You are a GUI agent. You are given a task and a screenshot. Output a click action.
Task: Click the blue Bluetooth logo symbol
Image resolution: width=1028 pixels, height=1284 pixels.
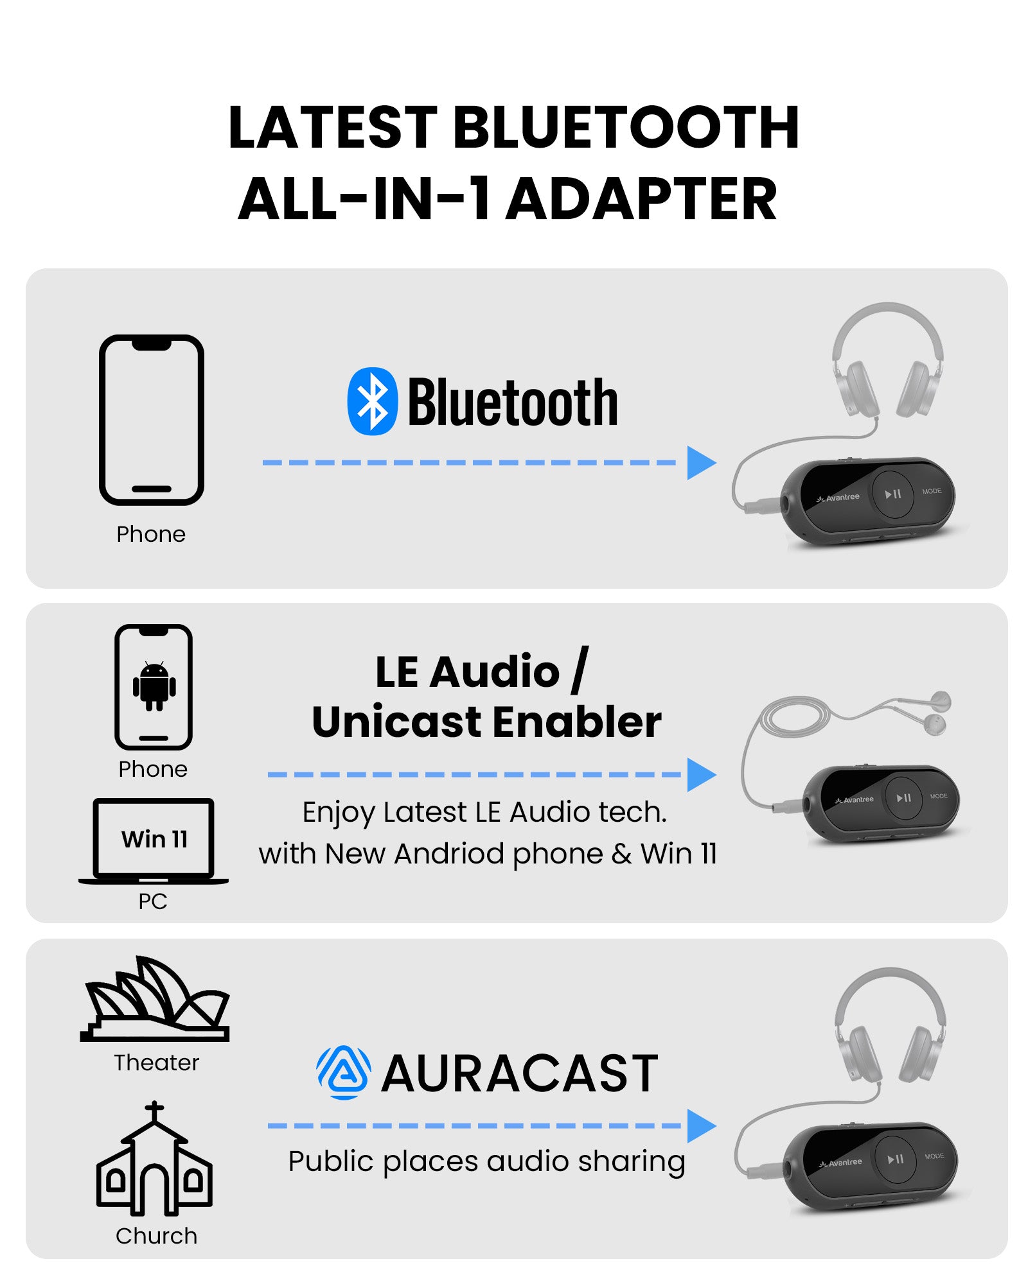tap(372, 401)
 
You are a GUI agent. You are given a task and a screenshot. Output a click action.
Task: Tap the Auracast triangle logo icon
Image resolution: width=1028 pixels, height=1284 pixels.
tap(344, 1073)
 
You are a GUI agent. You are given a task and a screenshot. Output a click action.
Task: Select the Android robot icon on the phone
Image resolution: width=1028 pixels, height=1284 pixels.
tap(154, 686)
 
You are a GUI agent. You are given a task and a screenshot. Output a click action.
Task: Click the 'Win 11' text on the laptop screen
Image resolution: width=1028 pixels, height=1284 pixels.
tap(154, 839)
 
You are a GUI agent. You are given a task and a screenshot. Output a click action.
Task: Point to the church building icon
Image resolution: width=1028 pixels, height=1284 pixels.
tap(154, 1159)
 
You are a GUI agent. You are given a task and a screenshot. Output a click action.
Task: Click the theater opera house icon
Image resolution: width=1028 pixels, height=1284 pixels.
tap(155, 999)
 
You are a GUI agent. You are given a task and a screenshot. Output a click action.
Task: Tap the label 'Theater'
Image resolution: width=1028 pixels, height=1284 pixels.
tap(157, 1063)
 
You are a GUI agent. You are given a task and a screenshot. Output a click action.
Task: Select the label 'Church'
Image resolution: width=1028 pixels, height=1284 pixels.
tap(156, 1236)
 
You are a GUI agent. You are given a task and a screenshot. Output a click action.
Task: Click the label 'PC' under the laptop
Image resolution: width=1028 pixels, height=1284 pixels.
tap(153, 901)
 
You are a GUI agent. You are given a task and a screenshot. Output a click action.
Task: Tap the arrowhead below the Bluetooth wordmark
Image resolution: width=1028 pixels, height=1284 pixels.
tap(701, 463)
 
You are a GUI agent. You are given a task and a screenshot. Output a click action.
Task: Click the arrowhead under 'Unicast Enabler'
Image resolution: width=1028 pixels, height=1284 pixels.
tap(701, 775)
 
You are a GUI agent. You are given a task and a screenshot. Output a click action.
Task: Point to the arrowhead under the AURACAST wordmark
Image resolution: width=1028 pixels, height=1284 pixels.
tap(701, 1125)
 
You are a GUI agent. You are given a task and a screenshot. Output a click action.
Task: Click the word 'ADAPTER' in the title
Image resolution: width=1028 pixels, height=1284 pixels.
tap(642, 200)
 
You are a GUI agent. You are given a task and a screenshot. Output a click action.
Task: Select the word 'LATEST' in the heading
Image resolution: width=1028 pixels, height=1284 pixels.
tap(333, 127)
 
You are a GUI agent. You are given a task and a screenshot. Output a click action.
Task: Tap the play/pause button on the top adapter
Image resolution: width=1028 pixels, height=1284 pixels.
tap(892, 494)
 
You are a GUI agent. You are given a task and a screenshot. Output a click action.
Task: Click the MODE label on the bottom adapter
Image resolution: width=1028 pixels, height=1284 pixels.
tap(934, 1156)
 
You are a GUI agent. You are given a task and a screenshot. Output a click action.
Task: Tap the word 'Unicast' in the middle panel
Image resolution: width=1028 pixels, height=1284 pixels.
tap(398, 722)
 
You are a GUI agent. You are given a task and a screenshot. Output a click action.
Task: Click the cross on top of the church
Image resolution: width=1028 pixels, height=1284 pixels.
tap(154, 1111)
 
